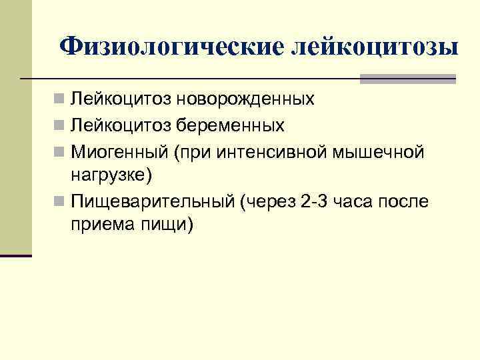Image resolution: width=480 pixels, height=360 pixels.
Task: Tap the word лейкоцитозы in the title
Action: click(375, 47)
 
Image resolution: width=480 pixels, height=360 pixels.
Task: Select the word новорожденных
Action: click(246, 100)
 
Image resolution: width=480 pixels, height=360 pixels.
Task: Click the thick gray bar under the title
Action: click(407, 79)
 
